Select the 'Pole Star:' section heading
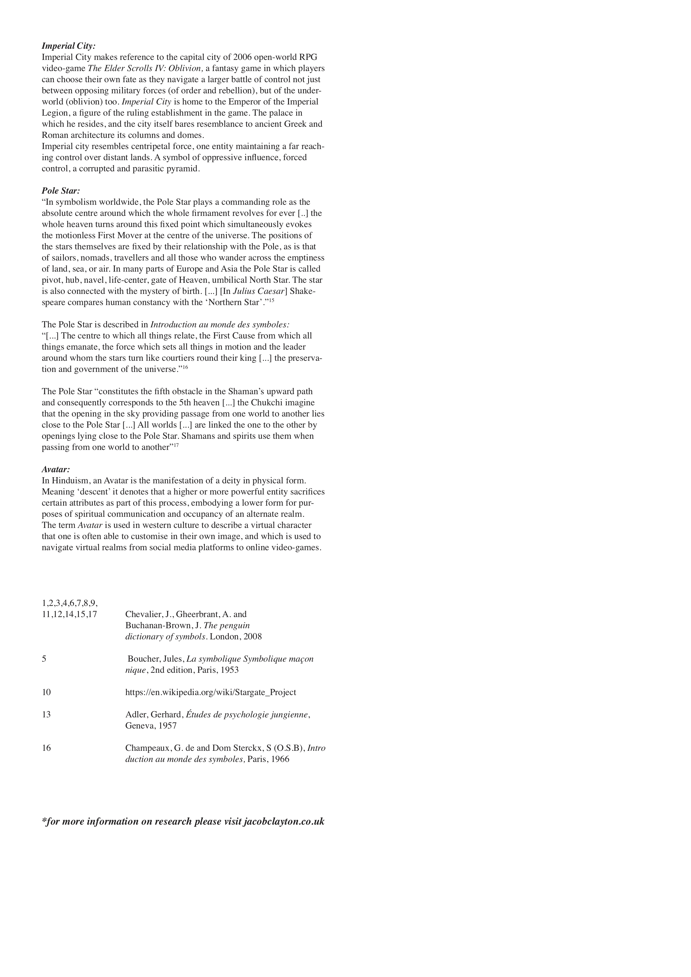coord(61,191)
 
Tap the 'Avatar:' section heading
coord(56,469)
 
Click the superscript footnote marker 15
coord(271,300)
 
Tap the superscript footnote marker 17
coord(176,445)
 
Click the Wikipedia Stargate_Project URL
coord(211,692)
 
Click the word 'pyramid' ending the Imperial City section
coord(184,169)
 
